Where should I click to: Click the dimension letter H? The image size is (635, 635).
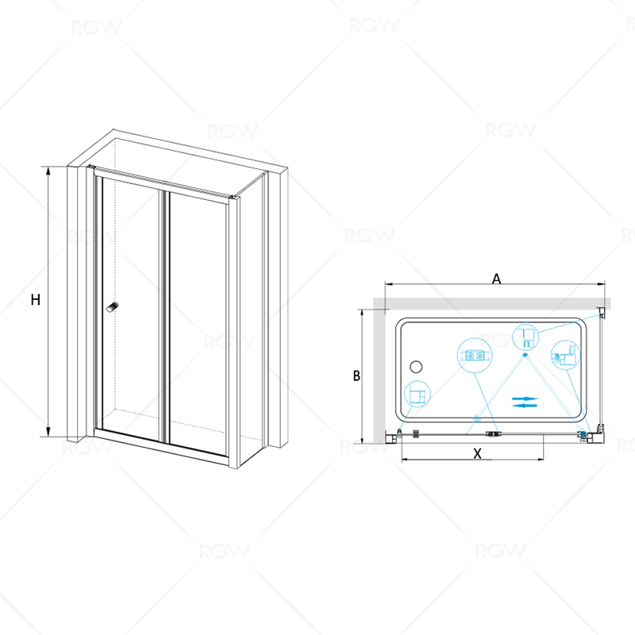click(x=36, y=300)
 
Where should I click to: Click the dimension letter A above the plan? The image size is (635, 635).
click(x=497, y=279)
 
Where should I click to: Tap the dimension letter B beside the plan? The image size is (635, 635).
click(x=356, y=375)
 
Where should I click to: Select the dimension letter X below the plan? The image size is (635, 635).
click(x=478, y=453)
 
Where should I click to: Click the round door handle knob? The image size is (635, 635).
click(x=113, y=307)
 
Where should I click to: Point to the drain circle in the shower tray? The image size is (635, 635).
click(x=416, y=367)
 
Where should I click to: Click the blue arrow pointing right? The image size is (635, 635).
click(x=525, y=398)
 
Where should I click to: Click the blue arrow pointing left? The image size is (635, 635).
click(x=525, y=405)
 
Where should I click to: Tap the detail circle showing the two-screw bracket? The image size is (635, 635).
click(x=475, y=356)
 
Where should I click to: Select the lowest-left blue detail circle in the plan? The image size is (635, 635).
click(x=418, y=394)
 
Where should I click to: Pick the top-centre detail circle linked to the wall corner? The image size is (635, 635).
click(x=525, y=337)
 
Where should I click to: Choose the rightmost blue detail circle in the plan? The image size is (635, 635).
click(x=566, y=355)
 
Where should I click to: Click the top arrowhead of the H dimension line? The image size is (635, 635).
click(x=48, y=170)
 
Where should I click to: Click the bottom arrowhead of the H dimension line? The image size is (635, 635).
click(x=48, y=432)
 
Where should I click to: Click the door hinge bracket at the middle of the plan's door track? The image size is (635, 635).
click(x=493, y=433)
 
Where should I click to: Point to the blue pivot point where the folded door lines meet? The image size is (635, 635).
click(x=525, y=355)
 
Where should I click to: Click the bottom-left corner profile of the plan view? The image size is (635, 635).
click(x=394, y=437)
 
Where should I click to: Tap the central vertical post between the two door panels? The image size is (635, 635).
click(x=164, y=316)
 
